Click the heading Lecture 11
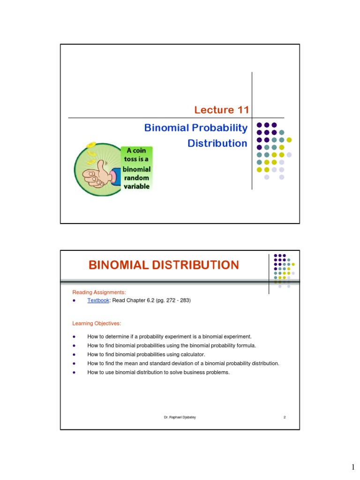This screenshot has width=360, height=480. [x=221, y=110]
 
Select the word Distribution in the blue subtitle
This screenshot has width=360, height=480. [x=217, y=143]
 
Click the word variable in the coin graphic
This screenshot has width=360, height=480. [x=136, y=186]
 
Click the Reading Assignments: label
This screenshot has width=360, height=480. [x=99, y=292]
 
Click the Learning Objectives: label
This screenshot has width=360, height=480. [x=97, y=323]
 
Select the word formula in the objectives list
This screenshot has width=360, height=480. [x=245, y=345]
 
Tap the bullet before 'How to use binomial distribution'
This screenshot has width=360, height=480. [x=74, y=373]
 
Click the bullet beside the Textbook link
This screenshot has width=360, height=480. [x=74, y=300]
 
